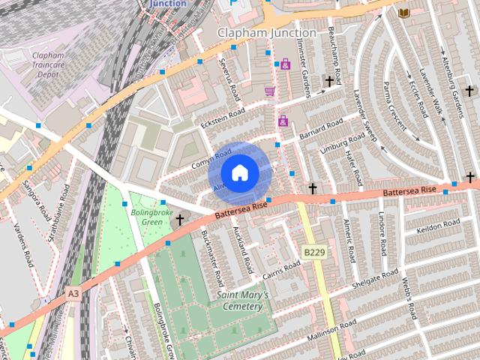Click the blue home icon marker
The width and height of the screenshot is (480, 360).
click(239, 173)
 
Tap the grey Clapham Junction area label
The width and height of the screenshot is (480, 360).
click(266, 33)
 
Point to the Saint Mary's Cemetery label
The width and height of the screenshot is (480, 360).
click(242, 301)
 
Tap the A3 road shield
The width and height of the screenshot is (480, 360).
click(72, 295)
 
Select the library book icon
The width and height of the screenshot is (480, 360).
click(403, 13)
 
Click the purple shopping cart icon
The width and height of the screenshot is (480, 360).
click(269, 91)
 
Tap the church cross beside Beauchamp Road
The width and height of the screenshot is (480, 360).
click(328, 80)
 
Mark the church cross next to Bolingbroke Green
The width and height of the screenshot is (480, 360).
click(180, 219)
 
